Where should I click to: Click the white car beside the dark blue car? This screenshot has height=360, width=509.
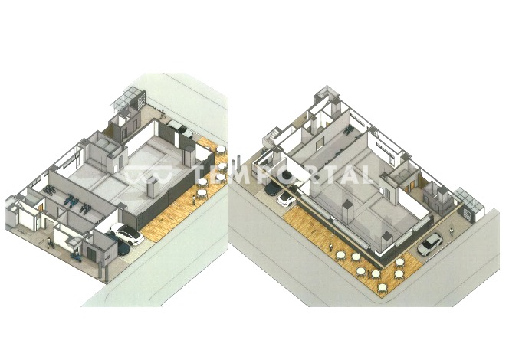tap(127, 234)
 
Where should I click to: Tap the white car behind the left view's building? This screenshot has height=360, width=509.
tap(179, 128)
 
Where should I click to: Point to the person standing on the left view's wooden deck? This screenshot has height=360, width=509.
tap(194, 199)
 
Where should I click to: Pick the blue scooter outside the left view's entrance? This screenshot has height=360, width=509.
tap(76, 257)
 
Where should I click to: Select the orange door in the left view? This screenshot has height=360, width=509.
tap(41, 207)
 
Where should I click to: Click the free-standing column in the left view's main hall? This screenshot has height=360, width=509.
tap(152, 188)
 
